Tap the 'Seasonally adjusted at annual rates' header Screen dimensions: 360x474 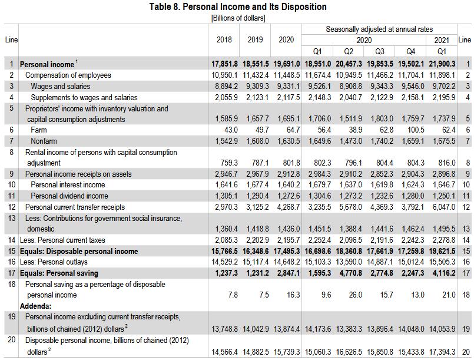(x=379, y=29)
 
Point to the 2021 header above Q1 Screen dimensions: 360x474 (x=442, y=40)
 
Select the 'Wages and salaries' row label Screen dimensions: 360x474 (x=60, y=86)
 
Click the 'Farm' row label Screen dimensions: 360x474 (x=39, y=130)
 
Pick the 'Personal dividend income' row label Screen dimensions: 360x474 (x=69, y=196)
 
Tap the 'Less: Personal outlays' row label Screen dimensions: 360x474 (x=54, y=262)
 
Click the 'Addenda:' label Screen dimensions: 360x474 (x=35, y=306)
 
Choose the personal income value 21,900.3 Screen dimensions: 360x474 (x=440, y=64)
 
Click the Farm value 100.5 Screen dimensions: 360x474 (x=414, y=130)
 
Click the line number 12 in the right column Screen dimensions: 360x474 (x=466, y=207)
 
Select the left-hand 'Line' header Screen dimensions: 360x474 (x=11, y=40)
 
